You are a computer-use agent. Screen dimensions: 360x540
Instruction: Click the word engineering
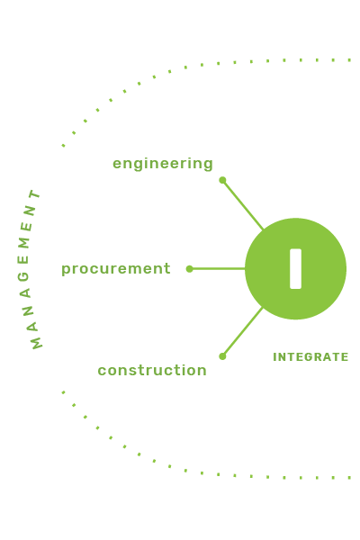(x=163, y=164)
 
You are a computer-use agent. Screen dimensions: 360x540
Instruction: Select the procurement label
(x=116, y=269)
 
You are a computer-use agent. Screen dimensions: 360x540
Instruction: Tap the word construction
(x=152, y=370)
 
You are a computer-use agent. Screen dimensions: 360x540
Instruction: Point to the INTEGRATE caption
(x=310, y=357)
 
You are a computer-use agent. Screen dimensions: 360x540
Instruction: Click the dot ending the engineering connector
(x=222, y=180)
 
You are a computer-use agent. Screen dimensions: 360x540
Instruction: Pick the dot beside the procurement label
(x=190, y=268)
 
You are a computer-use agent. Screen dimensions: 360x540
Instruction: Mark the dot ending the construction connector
(x=222, y=356)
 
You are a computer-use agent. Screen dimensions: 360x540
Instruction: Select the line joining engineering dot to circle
(x=243, y=205)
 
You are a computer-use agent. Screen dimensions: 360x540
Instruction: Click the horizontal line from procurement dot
(x=218, y=268)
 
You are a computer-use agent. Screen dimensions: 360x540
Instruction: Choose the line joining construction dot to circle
(x=243, y=331)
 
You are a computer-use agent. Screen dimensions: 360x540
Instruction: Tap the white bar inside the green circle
(x=295, y=268)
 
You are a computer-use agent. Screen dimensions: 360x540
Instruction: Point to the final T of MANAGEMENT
(x=35, y=194)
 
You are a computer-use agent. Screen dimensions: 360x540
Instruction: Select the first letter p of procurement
(x=66, y=270)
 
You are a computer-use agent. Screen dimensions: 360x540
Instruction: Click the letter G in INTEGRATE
(x=308, y=357)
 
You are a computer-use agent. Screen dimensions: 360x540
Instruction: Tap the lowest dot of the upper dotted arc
(x=63, y=145)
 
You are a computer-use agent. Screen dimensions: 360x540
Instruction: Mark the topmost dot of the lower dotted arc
(x=63, y=392)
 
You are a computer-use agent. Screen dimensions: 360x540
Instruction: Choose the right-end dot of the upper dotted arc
(x=349, y=60)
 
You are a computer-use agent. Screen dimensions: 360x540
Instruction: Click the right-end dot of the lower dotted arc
(x=349, y=478)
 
